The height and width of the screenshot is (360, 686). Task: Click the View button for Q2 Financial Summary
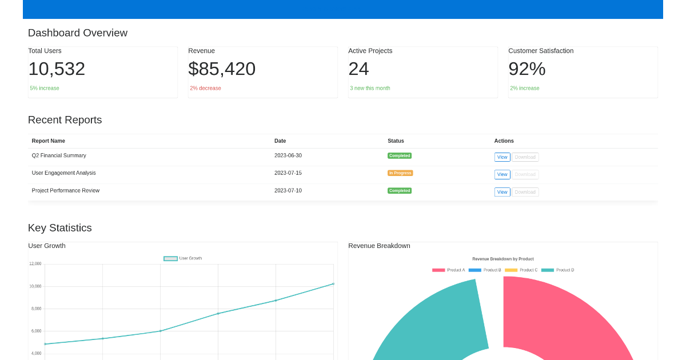tap(502, 157)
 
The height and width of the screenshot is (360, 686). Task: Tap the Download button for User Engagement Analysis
tap(525, 175)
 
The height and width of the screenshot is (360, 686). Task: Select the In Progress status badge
tap(400, 173)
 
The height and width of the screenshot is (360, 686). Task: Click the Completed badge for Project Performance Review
tap(400, 191)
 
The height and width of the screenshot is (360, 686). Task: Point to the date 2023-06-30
tap(288, 155)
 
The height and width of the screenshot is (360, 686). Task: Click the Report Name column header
tap(49, 141)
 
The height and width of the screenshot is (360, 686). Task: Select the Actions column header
tap(504, 141)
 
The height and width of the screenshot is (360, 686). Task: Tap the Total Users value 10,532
tap(57, 69)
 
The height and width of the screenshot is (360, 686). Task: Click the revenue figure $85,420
tap(222, 69)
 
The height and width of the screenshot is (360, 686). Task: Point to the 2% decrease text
tap(205, 89)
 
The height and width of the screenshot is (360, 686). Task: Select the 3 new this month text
tap(370, 89)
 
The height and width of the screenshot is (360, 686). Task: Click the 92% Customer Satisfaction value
tap(527, 69)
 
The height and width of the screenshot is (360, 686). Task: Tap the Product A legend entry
tap(449, 270)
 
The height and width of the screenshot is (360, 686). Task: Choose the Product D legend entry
tap(557, 270)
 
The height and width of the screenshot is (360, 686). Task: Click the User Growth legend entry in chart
tap(183, 258)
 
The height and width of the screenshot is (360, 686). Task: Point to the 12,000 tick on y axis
tap(35, 264)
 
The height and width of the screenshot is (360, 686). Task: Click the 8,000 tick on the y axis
tap(36, 309)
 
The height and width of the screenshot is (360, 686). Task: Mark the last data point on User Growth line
tap(333, 284)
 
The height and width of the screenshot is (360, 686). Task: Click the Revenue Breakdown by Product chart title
tap(503, 259)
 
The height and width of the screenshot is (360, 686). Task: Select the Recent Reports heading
tap(65, 120)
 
